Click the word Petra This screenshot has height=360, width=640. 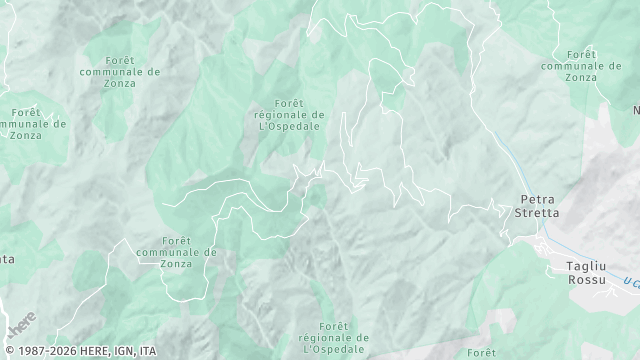pyautogui.click(x=537, y=199)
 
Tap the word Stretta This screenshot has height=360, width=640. pyautogui.click(x=537, y=213)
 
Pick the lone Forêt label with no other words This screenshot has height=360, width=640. pyautogui.click(x=481, y=352)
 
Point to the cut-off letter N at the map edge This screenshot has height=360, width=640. pyautogui.click(x=636, y=109)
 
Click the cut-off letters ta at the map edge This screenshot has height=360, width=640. pyautogui.click(x=7, y=259)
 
